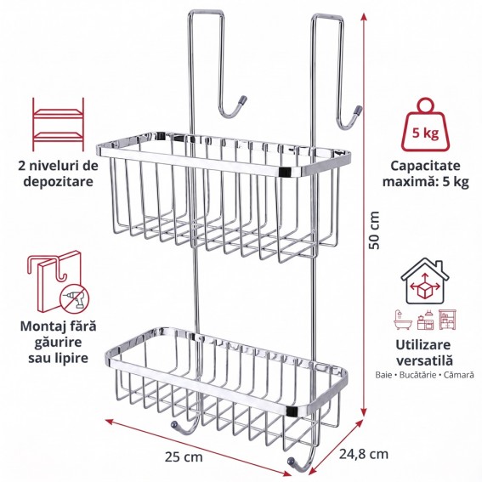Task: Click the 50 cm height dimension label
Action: click(375, 230)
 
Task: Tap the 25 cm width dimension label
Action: click(184, 456)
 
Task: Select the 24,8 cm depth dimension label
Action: click(364, 454)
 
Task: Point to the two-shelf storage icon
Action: click(58, 124)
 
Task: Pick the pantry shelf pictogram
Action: click(447, 320)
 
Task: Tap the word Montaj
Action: click(41, 326)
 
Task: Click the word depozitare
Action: click(58, 181)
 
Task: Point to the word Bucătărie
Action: click(420, 375)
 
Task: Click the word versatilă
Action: click(424, 360)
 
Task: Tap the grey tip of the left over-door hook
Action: click(242, 100)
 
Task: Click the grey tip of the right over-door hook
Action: click(359, 110)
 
